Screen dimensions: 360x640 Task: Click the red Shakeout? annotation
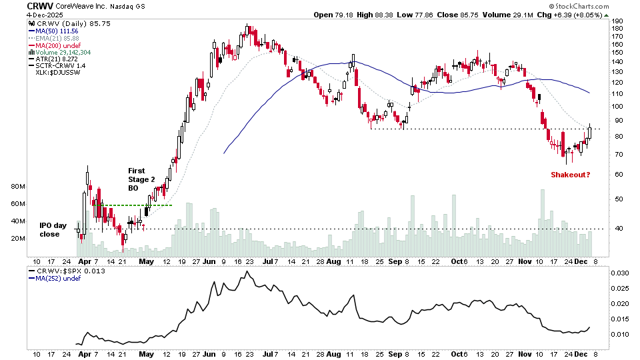coord(571,175)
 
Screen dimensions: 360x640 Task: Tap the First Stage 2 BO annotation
coord(141,179)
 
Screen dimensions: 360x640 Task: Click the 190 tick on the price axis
coord(617,21)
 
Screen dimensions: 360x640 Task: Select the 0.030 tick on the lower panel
coord(619,274)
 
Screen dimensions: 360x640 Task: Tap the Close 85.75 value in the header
coord(475,14)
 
